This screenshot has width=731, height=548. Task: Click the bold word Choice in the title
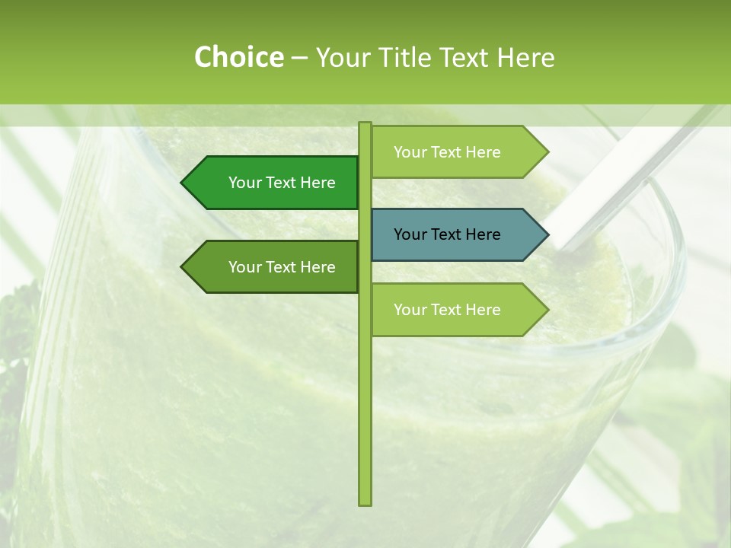click(x=238, y=58)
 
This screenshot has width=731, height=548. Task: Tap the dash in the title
click(x=300, y=58)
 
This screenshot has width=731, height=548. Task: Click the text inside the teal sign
click(x=447, y=234)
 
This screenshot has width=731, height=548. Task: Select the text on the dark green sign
click(x=282, y=183)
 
